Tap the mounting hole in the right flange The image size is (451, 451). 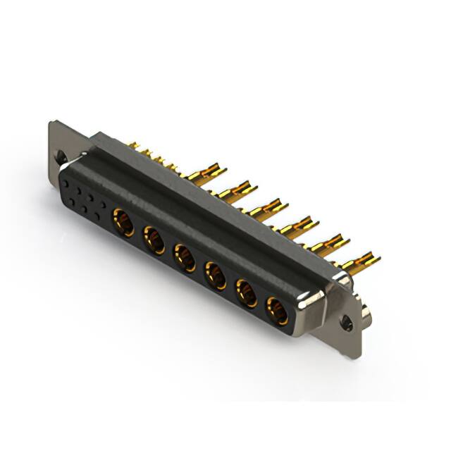pyautogui.click(x=346, y=323)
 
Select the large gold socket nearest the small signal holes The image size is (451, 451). pyautogui.click(x=125, y=224)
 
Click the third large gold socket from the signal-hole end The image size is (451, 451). pyautogui.click(x=185, y=258)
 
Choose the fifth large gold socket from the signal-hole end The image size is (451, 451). pyautogui.click(x=246, y=292)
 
